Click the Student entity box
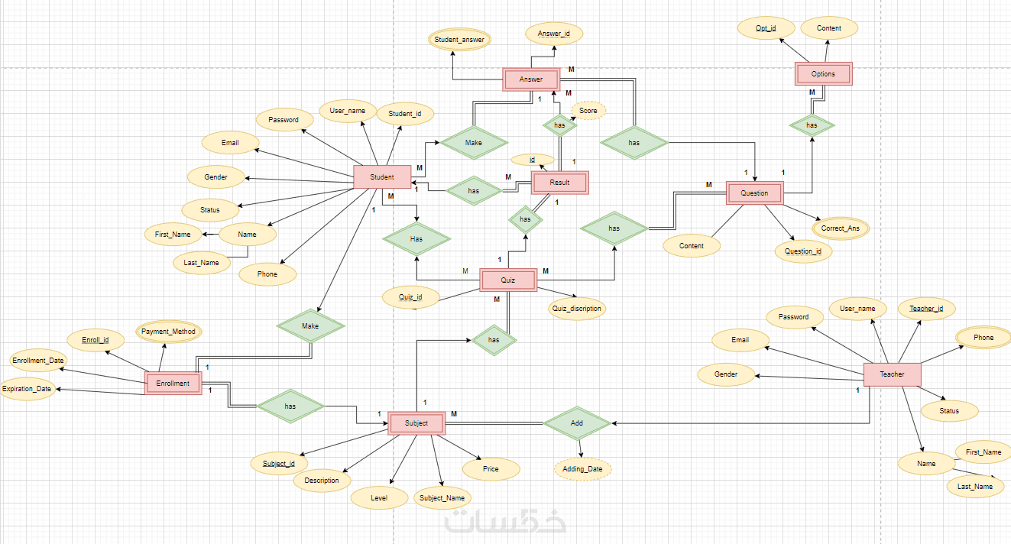point(382,177)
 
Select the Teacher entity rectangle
point(892,374)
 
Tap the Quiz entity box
point(508,280)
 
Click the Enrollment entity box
point(173,384)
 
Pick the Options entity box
point(823,74)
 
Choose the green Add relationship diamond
point(577,423)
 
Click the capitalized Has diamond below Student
point(416,239)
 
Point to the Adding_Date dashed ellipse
point(583,469)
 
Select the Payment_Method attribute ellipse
point(168,332)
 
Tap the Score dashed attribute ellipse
point(588,111)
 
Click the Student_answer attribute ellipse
point(459,39)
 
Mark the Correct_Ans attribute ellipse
point(841,228)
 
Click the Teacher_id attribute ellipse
point(926,309)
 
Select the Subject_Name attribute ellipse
point(442,498)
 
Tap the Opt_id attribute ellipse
point(766,28)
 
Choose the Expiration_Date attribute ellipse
point(28,389)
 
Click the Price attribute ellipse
point(491,469)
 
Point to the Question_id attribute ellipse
point(803,251)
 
